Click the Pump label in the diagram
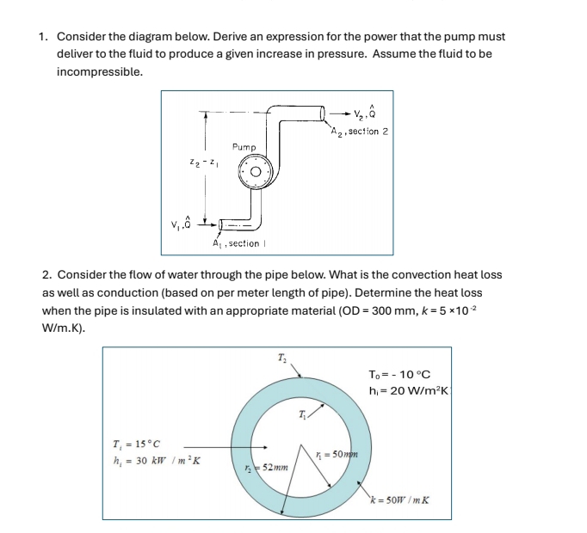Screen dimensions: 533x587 point(245,148)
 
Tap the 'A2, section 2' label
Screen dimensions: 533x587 point(359,132)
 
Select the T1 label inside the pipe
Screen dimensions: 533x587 point(302,416)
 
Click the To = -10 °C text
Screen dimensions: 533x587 point(399,374)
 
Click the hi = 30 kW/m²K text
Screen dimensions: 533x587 point(151,462)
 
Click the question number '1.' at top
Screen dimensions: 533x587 point(44,37)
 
